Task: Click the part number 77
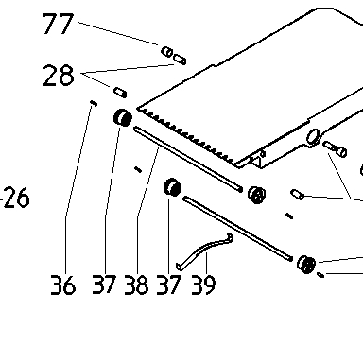pos(58,24)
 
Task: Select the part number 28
pos(59,76)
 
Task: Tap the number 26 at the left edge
pos(17,198)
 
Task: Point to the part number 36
pos(63,285)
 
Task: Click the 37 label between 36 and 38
pos(104,285)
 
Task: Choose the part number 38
pos(136,285)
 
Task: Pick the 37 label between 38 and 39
pos(169,285)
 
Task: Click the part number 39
pos(203,285)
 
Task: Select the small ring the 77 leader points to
pos(166,52)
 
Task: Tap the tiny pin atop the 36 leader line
pos(94,103)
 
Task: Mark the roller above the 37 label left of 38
pos(123,117)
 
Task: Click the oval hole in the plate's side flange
pos(313,136)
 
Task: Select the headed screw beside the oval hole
pos(335,148)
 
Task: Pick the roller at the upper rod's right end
pos(257,195)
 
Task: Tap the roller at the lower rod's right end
pos(306,265)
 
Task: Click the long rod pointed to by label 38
pos(188,159)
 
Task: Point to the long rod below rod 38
pos(238,229)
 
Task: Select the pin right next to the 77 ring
pos(180,59)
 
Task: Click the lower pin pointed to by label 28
pos(120,93)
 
